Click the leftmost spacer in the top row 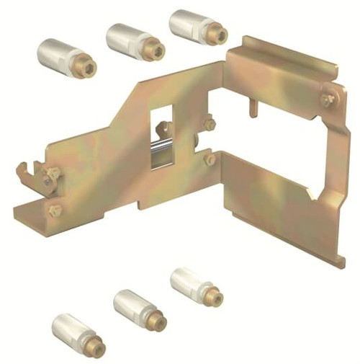(66, 57)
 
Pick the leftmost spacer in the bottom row (78, 335)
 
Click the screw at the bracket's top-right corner (328, 99)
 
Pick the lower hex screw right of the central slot (210, 159)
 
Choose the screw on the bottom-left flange (54, 210)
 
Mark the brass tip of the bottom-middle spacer (159, 321)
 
